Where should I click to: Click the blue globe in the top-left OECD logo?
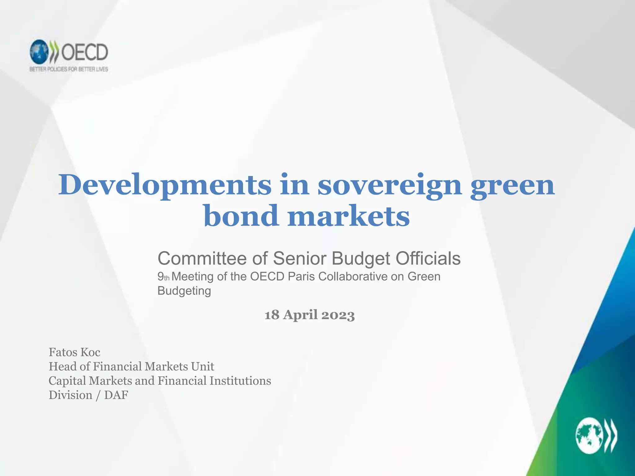click(x=39, y=52)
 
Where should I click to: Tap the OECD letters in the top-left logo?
click(x=84, y=52)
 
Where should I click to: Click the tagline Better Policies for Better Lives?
click(x=69, y=69)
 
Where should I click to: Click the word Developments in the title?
click(x=165, y=185)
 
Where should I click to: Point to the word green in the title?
click(x=512, y=185)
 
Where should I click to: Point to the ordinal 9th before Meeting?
click(x=163, y=276)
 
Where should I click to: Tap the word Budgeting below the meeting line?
click(x=184, y=291)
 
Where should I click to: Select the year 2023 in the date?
click(x=338, y=315)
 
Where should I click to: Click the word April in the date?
click(x=300, y=315)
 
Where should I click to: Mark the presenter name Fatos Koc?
click(x=74, y=352)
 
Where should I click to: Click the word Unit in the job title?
click(x=202, y=367)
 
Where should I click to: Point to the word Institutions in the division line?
click(x=240, y=381)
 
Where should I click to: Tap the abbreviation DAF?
click(x=116, y=395)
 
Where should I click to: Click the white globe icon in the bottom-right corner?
click(x=589, y=436)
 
